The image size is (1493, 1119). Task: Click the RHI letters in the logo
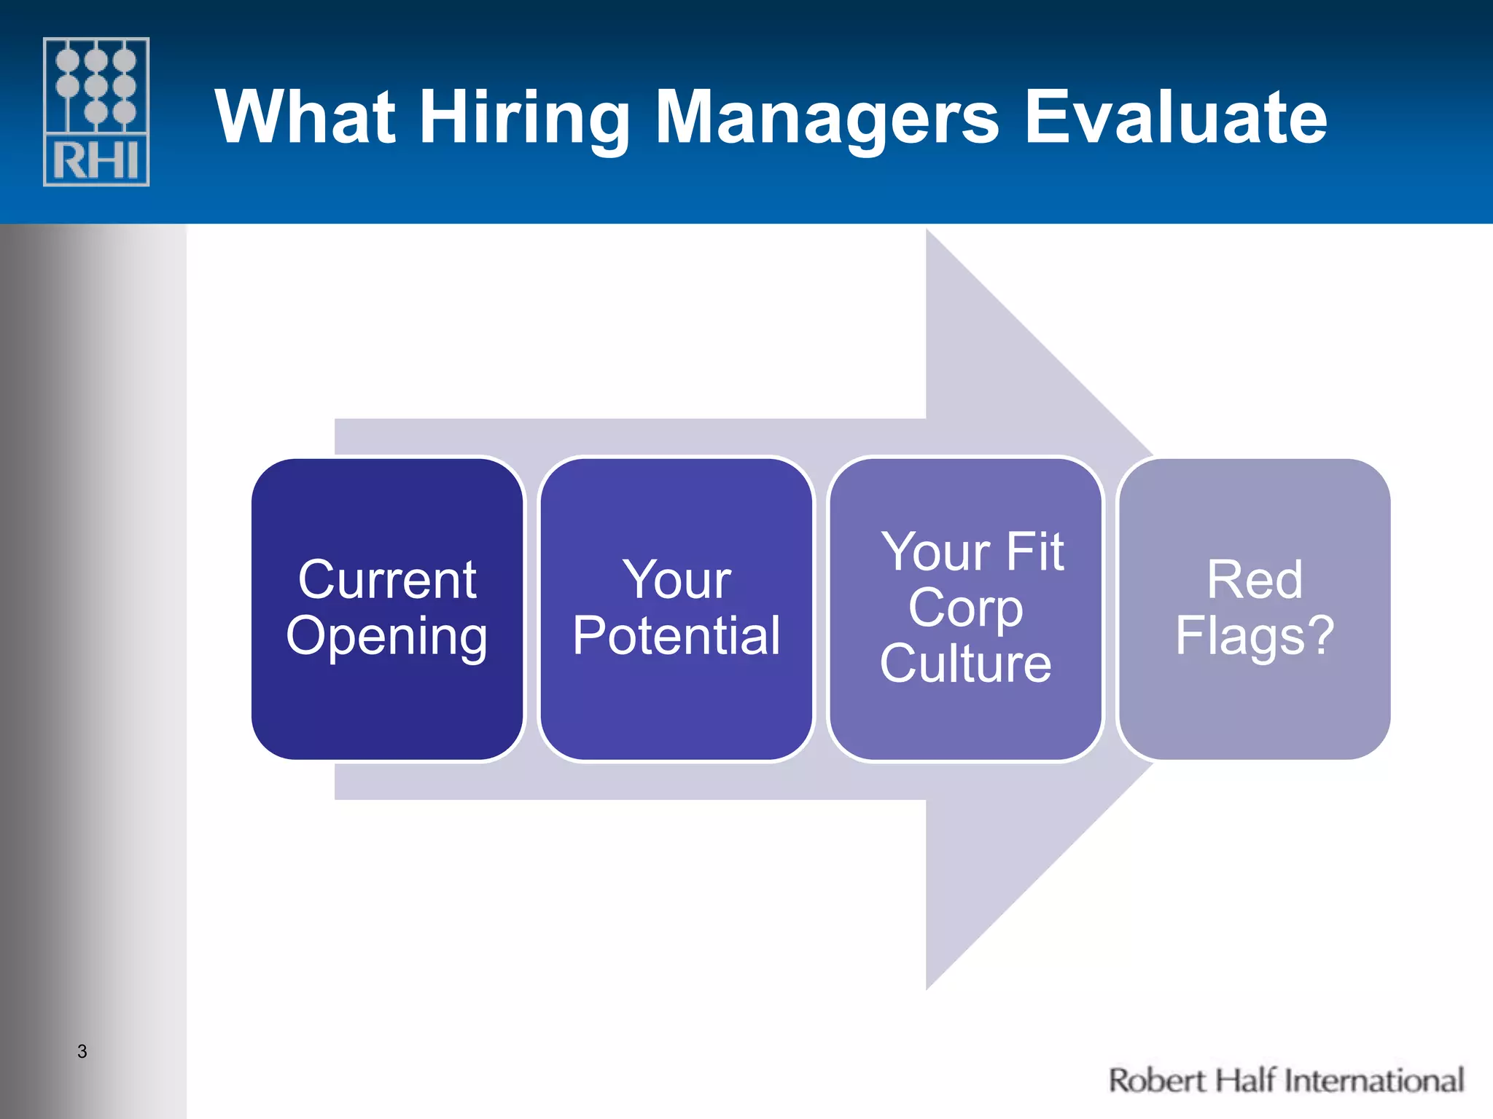(96, 161)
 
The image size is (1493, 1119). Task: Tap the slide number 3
(82, 1051)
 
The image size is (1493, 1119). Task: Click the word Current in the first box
(387, 580)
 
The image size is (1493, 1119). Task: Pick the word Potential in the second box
(676, 635)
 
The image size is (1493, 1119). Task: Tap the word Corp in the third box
(965, 608)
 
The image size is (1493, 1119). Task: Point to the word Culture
(965, 663)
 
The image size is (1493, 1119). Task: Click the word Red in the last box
(1254, 580)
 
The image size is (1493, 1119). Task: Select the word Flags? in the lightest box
(1254, 635)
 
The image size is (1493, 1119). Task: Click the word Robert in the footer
(1156, 1080)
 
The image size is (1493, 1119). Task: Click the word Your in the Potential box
(676, 580)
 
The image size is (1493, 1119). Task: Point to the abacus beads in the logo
(96, 86)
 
